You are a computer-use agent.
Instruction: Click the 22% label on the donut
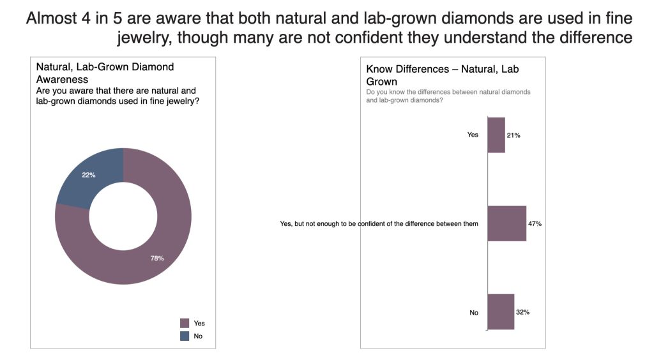88,175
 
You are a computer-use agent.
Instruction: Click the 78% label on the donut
157,258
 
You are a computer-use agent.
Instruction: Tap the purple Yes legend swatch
185,323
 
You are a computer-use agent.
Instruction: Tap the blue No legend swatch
185,336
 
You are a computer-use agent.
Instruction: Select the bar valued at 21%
496,135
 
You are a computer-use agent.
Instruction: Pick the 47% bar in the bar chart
506,223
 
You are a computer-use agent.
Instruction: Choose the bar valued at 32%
501,311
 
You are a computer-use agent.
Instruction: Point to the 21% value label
513,135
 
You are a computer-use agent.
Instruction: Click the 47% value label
535,224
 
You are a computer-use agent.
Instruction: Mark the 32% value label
522,312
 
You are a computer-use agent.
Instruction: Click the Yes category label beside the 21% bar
473,135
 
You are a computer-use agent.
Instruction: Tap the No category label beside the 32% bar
474,313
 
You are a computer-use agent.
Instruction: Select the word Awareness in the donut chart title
62,80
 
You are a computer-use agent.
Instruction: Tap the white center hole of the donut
123,216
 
